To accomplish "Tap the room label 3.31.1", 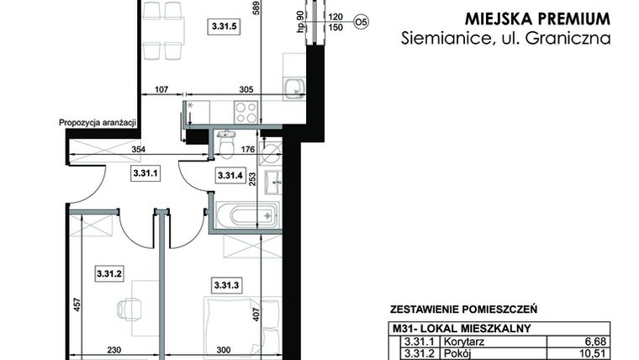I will [x=145, y=175].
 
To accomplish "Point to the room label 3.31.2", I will [x=110, y=273].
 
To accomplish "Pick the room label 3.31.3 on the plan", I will [x=227, y=286].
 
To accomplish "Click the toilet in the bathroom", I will [x=225, y=145].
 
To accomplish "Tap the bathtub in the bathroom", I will [x=246, y=215].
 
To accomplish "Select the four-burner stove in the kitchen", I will [x=246, y=112].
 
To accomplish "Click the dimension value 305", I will [x=246, y=90].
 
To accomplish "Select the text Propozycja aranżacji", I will [x=97, y=123].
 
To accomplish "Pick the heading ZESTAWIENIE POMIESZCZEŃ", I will [x=463, y=310].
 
